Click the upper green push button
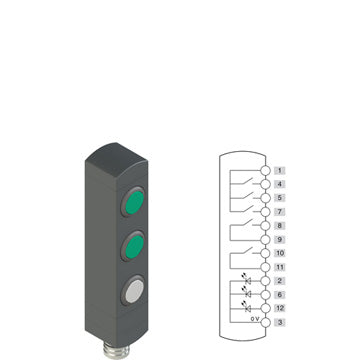(133, 201)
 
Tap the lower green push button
(133, 246)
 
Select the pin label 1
(280, 171)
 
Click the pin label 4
(280, 184)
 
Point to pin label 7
(280, 212)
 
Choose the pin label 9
(280, 239)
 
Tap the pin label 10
(280, 253)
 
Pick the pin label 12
(280, 308)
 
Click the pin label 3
(280, 322)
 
